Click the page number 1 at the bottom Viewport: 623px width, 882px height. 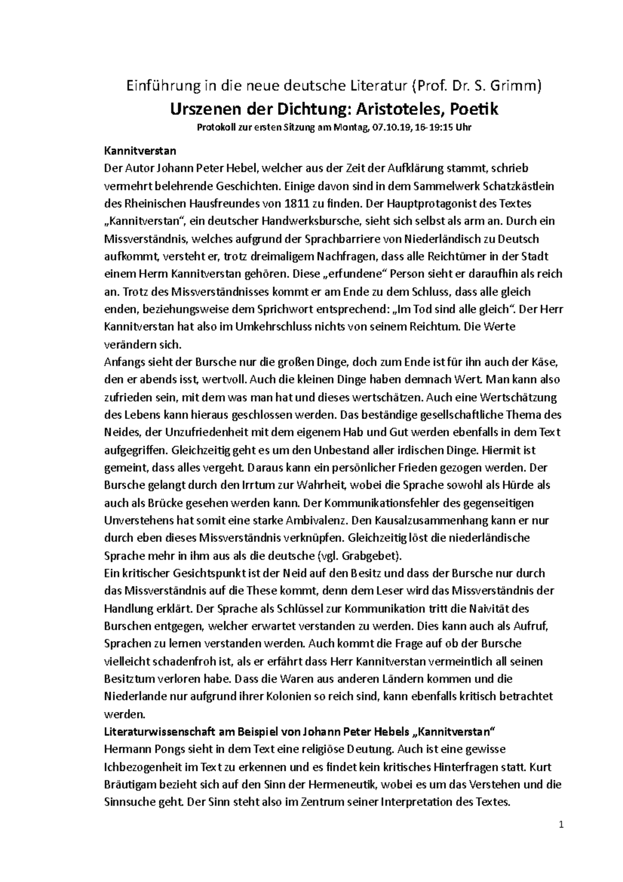click(x=562, y=825)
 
